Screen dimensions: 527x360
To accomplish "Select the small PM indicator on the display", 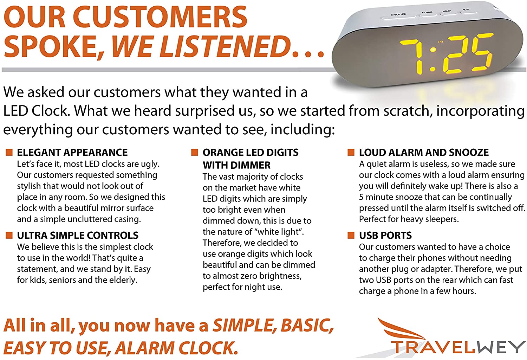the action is coord(441,42).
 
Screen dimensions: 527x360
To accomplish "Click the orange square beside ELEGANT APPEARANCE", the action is coord(9,152).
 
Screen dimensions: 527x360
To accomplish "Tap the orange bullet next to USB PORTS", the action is coord(351,235).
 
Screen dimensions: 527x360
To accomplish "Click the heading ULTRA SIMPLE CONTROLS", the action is coord(78,235).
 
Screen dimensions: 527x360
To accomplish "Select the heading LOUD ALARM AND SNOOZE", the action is coord(424,152).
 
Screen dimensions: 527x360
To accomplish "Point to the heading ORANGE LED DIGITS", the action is coord(250,152).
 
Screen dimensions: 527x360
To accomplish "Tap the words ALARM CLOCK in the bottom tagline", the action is coord(177,348).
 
